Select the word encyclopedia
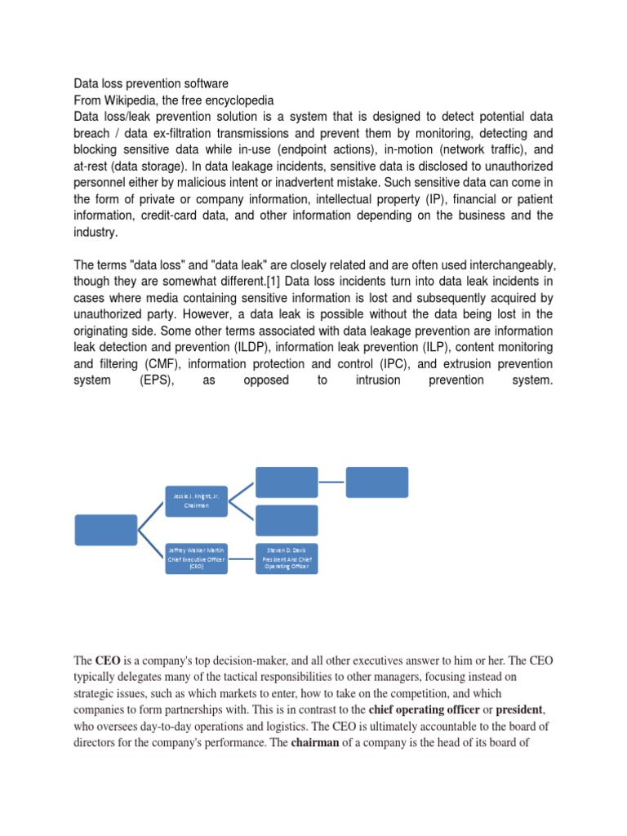point(234,100)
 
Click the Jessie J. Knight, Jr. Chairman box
point(197,500)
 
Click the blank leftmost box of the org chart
point(106,530)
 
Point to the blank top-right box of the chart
point(376,482)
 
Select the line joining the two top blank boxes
point(331,482)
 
